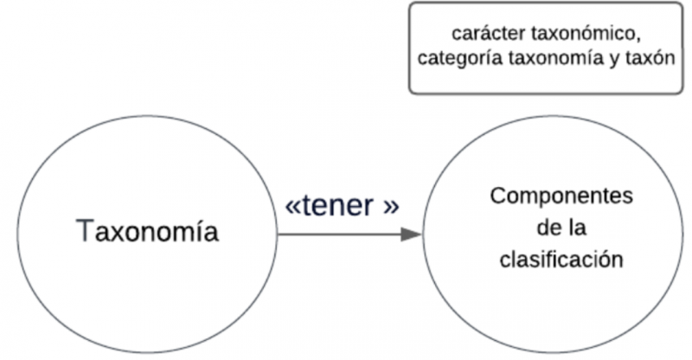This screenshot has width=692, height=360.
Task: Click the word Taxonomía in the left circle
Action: click(x=147, y=232)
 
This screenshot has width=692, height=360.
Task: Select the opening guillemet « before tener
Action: click(x=293, y=209)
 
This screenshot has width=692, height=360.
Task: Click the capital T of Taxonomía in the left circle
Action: click(x=85, y=232)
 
